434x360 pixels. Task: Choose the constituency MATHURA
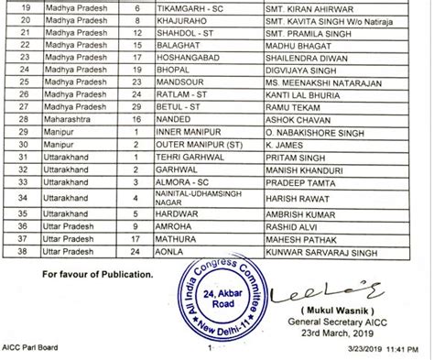click(179, 235)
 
